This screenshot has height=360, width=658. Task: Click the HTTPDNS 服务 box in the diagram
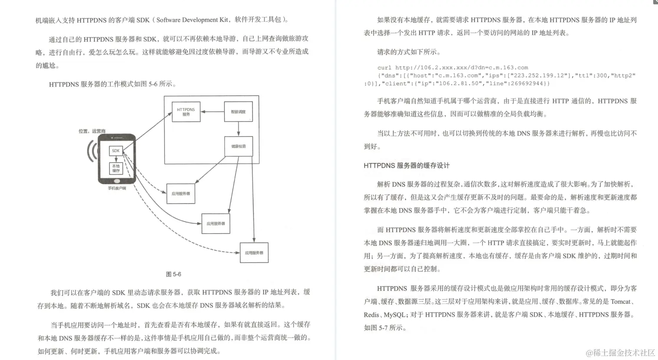(x=186, y=112)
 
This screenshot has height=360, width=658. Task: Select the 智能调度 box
(x=238, y=112)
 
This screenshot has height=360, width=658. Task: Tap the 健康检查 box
(x=238, y=146)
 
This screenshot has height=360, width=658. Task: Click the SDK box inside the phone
(x=115, y=151)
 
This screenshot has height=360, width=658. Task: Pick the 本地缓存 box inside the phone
(x=116, y=168)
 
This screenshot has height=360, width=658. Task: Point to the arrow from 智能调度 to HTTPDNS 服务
(x=212, y=112)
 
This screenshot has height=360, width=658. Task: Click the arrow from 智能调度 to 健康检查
(x=238, y=129)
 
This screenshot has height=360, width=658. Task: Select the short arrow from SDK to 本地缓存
(x=116, y=159)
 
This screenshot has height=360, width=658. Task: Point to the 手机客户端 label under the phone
(x=117, y=188)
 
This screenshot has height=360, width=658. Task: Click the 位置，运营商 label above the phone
(x=92, y=131)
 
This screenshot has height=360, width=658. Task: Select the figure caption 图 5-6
(x=174, y=274)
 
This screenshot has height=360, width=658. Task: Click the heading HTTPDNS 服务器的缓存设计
(x=407, y=165)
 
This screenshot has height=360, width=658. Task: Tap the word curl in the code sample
(x=384, y=68)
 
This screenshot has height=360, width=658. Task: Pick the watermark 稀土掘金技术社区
(x=620, y=352)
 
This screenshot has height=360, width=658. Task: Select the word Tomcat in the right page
(x=620, y=301)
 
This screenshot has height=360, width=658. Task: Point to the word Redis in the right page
(x=371, y=314)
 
